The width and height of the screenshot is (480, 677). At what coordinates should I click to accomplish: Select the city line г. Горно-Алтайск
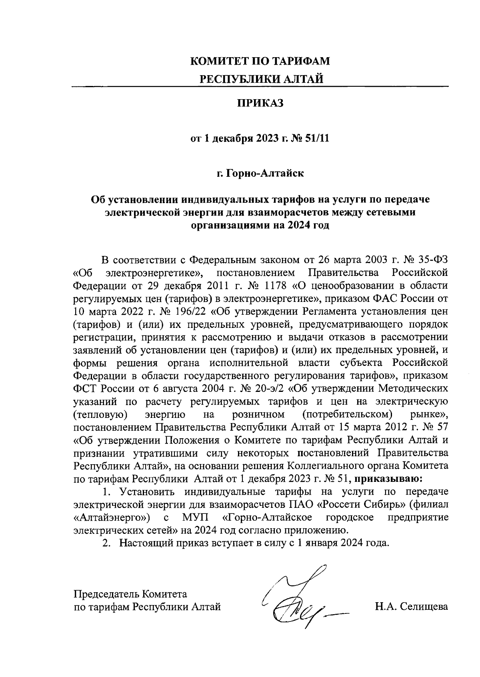260,174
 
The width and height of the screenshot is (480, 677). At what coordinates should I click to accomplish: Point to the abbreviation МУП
195,517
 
